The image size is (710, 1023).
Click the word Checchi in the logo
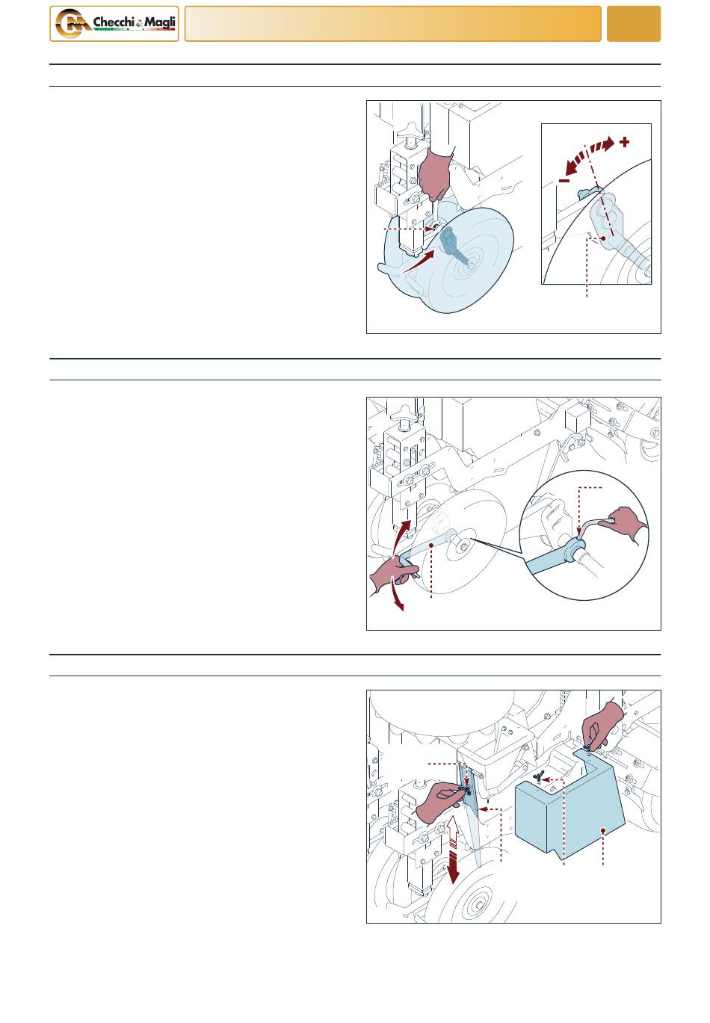(114, 22)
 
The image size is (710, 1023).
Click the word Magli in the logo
(160, 22)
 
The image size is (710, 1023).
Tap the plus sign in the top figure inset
(625, 142)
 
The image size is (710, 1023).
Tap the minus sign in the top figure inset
(564, 181)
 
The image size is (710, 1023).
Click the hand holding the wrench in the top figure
(436, 174)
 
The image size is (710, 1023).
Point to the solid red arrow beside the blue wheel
(417, 262)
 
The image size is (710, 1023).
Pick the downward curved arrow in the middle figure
(397, 593)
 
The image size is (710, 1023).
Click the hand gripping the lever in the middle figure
(393, 575)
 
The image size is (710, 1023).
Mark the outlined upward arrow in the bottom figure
(453, 829)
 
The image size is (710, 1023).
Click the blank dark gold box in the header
(634, 24)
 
